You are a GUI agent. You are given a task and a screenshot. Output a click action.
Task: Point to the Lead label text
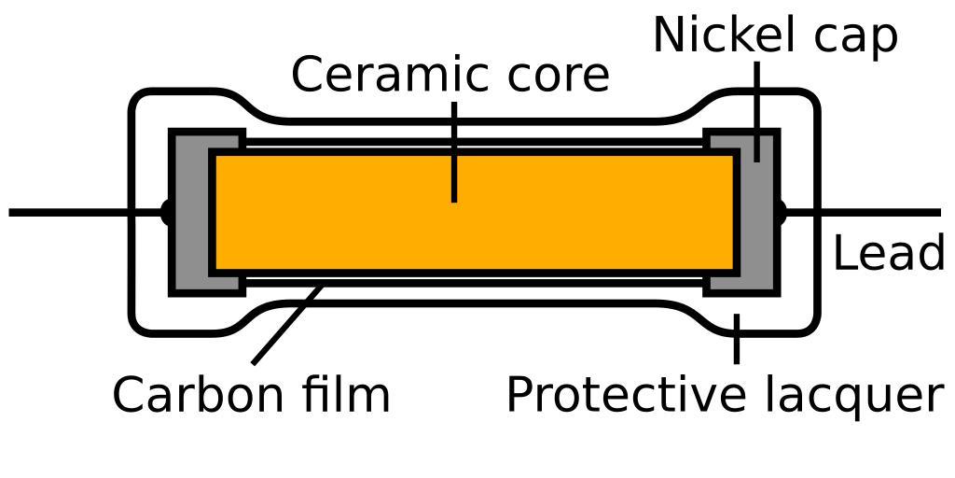tap(888, 254)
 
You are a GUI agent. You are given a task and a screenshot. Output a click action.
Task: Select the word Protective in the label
tap(628, 395)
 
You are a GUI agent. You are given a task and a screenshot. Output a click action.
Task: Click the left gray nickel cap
tap(190, 213)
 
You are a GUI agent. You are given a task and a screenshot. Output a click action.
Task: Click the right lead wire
tap(867, 213)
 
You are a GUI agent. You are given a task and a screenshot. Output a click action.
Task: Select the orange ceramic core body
tap(474, 213)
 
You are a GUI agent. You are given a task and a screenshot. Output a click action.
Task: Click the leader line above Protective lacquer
tap(737, 339)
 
